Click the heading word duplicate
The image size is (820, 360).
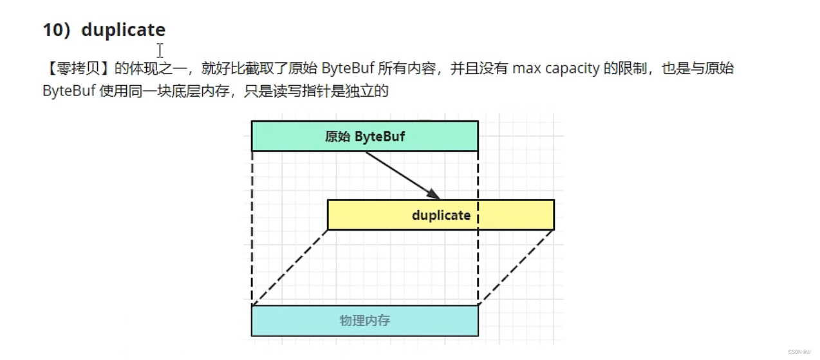123,30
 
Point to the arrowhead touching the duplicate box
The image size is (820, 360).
434,195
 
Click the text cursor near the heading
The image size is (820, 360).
160,50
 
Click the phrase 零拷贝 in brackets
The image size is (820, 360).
72,69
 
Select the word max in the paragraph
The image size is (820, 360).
526,69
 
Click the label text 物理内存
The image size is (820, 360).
364,321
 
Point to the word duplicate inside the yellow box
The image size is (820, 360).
441,215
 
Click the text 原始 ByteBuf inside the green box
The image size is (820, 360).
364,137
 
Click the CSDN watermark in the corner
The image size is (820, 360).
799,352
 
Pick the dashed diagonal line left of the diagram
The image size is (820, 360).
290,267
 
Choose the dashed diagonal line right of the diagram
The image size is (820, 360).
516,267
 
